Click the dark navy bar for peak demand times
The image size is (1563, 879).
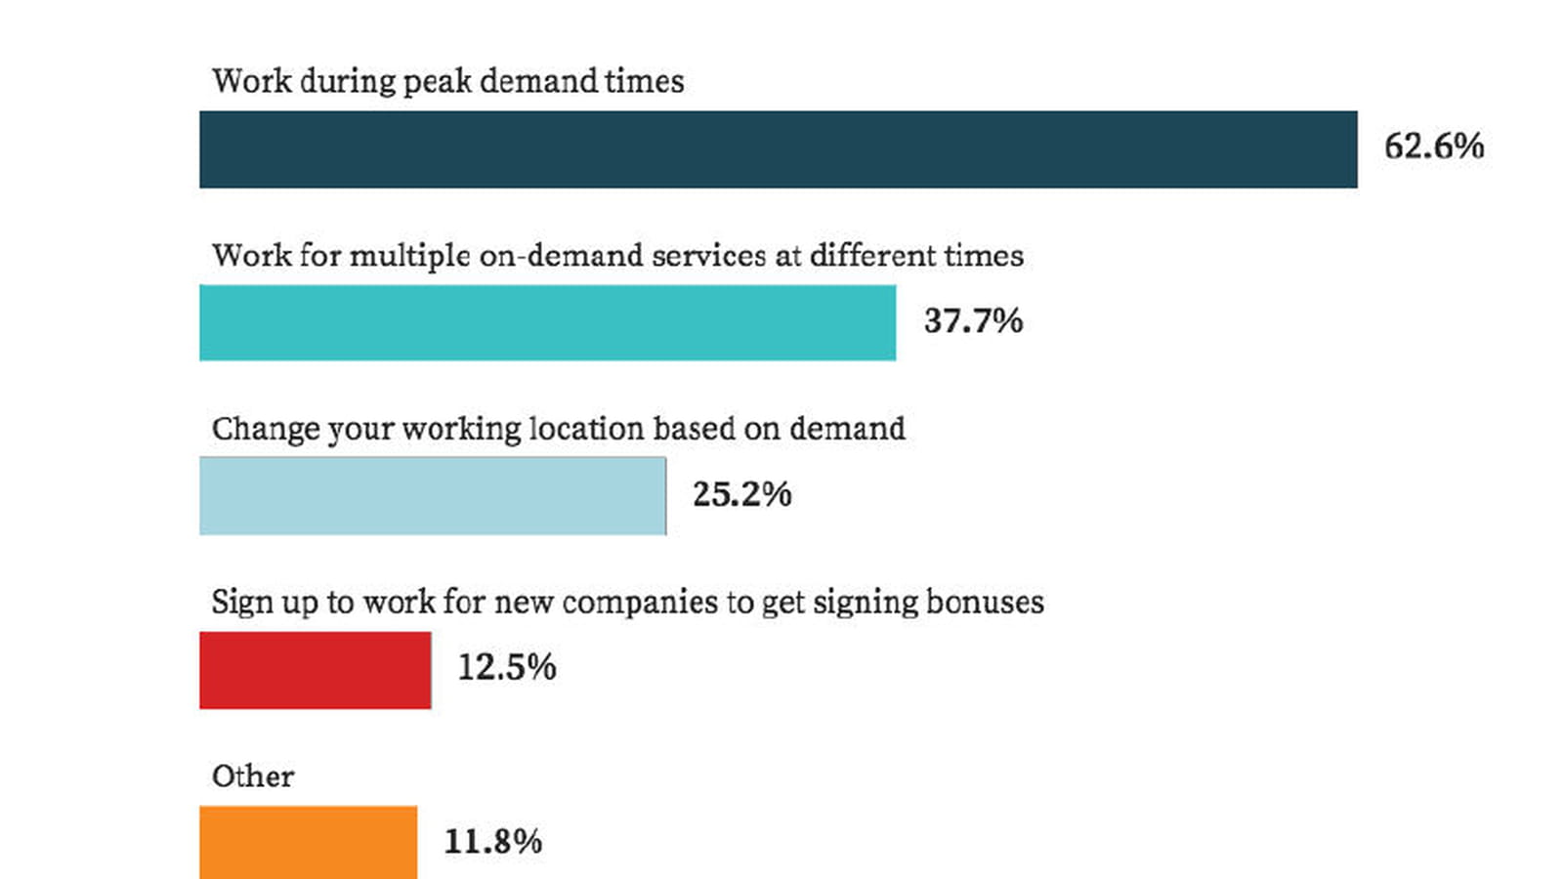[x=778, y=149]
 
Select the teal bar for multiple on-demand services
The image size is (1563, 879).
[x=548, y=323]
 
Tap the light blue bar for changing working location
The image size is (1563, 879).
[x=433, y=496]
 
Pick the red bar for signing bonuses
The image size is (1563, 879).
[x=316, y=670]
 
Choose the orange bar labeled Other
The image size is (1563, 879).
[x=309, y=843]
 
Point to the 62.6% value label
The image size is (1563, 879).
[x=1434, y=146]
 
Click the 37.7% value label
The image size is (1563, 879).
[x=973, y=321]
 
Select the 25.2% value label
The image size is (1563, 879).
[x=742, y=494]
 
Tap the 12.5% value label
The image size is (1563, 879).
[x=507, y=667]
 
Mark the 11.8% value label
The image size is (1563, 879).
[x=493, y=841]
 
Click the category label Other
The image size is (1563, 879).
[x=253, y=776]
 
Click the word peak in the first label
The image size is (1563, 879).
[x=438, y=82]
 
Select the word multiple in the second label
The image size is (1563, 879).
[x=409, y=257]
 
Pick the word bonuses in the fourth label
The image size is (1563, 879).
[x=985, y=602]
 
